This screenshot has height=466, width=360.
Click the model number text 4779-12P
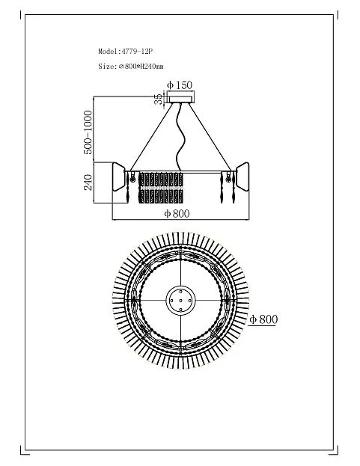click(137, 52)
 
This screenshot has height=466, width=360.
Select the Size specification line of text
click(131, 67)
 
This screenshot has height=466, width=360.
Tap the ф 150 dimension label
click(180, 85)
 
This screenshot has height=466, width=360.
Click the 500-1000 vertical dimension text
click(88, 132)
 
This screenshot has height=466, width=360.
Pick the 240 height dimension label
click(88, 183)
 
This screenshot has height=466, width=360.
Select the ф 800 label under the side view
click(177, 213)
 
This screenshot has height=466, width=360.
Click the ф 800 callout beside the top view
click(263, 319)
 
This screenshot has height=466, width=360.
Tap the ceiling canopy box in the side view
click(180, 97)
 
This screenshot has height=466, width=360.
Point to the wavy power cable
click(180, 138)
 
